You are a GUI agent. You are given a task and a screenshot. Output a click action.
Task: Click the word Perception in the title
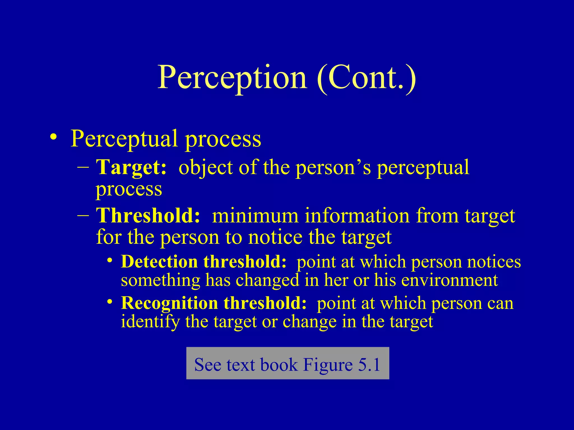pyautogui.click(x=232, y=78)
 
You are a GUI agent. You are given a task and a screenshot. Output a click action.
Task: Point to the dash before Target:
pyautogui.click(x=83, y=167)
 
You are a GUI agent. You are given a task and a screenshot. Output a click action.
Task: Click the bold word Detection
pyautogui.click(x=159, y=262)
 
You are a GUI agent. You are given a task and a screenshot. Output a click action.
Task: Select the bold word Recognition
pyautogui.click(x=169, y=303)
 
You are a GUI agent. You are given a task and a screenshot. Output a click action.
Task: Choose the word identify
pyautogui.click(x=150, y=322)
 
